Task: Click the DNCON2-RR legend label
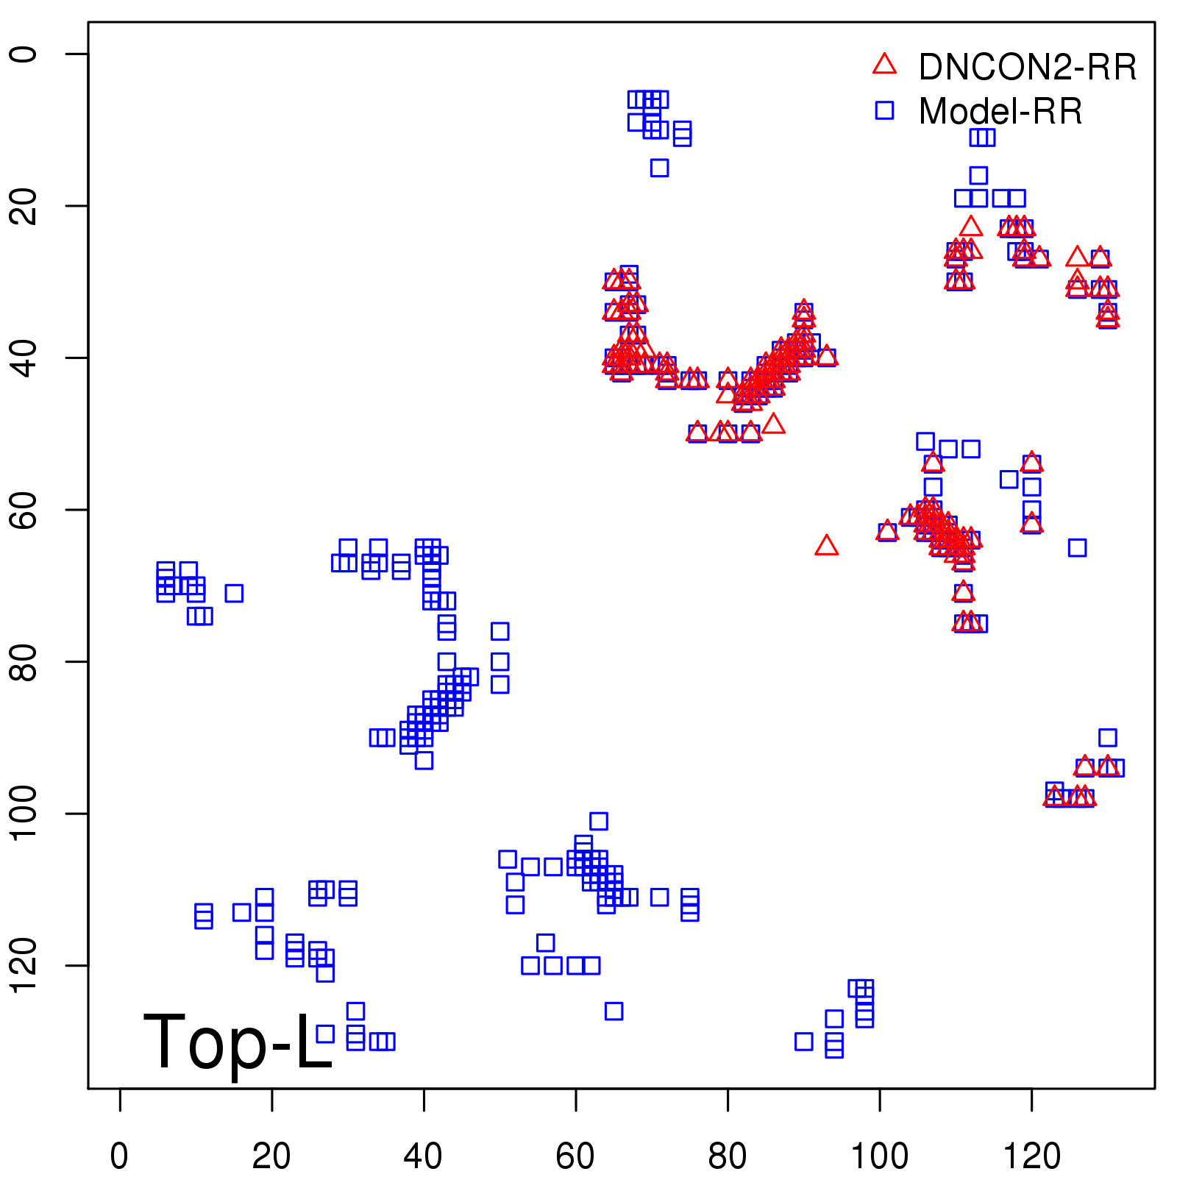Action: coord(1027,67)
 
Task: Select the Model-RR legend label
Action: coord(1000,111)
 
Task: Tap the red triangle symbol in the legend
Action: coord(884,65)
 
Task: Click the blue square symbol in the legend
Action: coord(884,110)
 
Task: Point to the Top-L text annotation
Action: coord(238,1042)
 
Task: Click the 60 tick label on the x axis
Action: coord(575,1156)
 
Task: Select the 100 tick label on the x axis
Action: coord(879,1156)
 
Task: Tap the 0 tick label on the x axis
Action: coord(119,1156)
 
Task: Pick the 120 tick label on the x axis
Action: coord(1031,1156)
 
